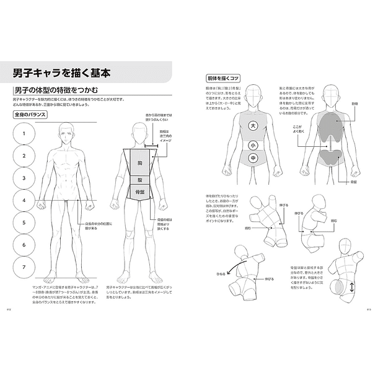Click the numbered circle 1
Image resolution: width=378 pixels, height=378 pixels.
pyautogui.click(x=24, y=133)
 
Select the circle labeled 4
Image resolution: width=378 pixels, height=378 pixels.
pyautogui.click(x=24, y=200)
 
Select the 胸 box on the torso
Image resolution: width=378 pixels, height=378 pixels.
pyautogui.click(x=140, y=162)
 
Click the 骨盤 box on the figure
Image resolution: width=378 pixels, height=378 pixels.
pyautogui.click(x=140, y=193)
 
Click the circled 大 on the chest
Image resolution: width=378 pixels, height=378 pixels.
pyautogui.click(x=252, y=126)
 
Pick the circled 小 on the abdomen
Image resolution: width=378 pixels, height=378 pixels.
pyautogui.click(x=252, y=146)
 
